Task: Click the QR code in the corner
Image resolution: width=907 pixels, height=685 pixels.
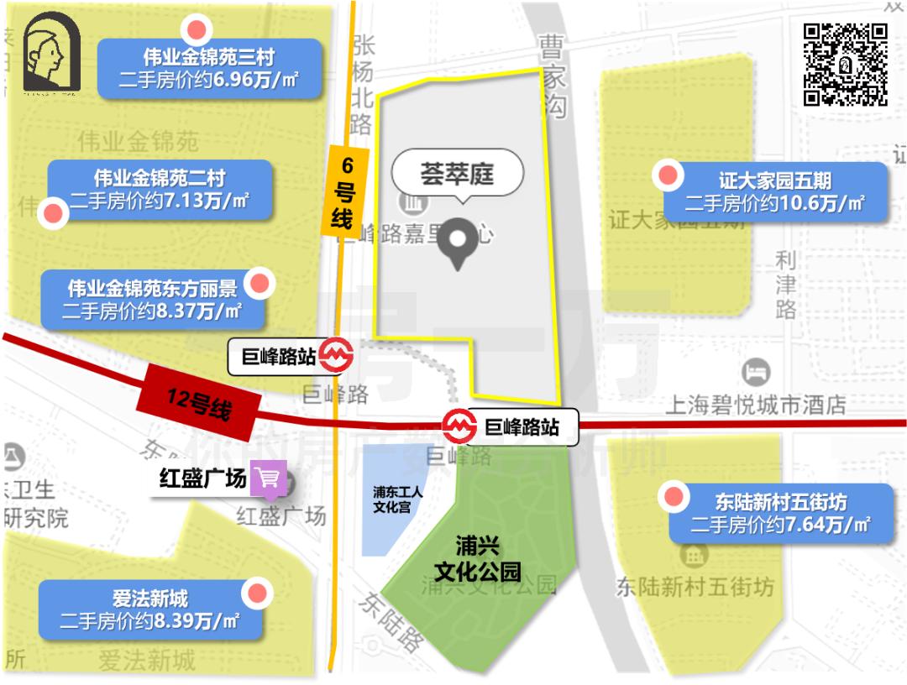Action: point(846,64)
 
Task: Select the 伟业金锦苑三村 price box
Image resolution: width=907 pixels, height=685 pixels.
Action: point(209,69)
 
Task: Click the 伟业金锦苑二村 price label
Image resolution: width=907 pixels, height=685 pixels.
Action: point(160,190)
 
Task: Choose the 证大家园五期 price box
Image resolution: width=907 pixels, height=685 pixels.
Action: point(775,192)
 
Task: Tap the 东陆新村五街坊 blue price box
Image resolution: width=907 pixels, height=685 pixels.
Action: point(780,514)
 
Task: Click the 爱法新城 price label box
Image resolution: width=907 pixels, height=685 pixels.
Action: point(150,610)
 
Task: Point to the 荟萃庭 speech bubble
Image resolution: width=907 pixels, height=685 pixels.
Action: point(458,175)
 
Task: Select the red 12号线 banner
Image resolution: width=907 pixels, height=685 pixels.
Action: point(198,402)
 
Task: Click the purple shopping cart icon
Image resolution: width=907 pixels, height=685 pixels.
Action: point(270,478)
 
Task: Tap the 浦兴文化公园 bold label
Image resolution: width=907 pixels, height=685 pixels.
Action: point(477,559)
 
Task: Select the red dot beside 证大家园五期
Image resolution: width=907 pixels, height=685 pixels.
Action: point(668,176)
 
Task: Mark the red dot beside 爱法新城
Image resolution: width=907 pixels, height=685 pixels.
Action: point(257,594)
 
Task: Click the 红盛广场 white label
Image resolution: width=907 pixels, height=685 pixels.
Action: point(204,478)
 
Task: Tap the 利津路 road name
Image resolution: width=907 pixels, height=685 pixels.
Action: point(786,285)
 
